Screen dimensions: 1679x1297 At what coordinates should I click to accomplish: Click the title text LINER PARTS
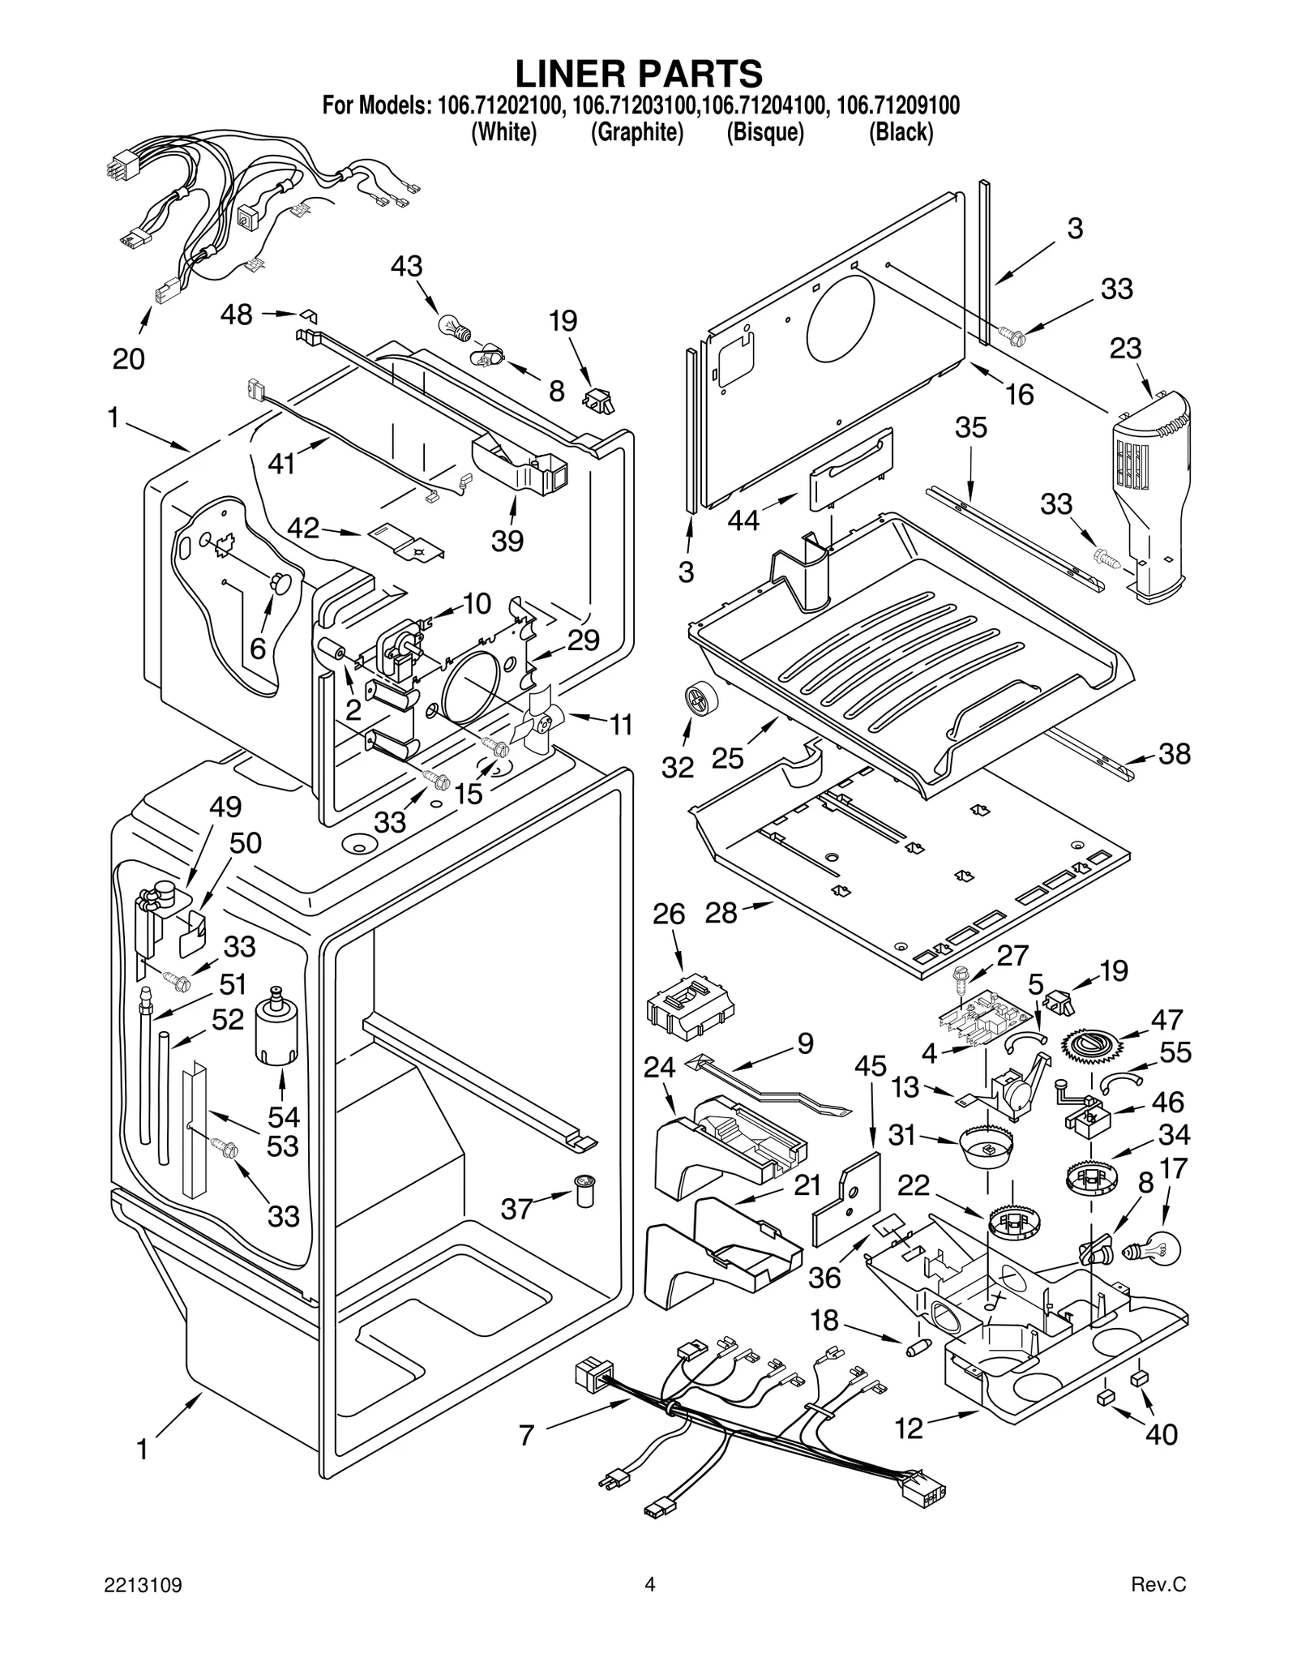click(x=639, y=74)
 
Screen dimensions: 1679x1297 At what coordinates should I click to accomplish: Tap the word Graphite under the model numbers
click(x=636, y=131)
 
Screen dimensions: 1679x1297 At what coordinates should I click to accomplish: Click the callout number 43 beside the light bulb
click(x=406, y=267)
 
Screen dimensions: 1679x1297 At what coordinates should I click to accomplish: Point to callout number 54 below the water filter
click(x=283, y=1118)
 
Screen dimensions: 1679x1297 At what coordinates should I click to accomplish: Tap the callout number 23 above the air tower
click(x=1125, y=349)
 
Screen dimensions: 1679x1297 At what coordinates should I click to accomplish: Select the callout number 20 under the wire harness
click(x=128, y=358)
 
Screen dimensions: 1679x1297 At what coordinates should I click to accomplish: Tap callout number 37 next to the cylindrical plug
click(x=516, y=1209)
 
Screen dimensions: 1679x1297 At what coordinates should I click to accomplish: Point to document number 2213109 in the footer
click(x=142, y=1608)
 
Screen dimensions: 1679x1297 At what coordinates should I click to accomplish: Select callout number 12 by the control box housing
click(x=909, y=1428)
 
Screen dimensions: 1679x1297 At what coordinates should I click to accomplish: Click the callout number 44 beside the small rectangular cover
click(x=743, y=520)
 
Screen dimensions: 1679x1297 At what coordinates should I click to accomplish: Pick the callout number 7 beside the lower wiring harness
click(x=526, y=1436)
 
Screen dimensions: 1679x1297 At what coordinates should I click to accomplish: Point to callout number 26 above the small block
click(x=669, y=914)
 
